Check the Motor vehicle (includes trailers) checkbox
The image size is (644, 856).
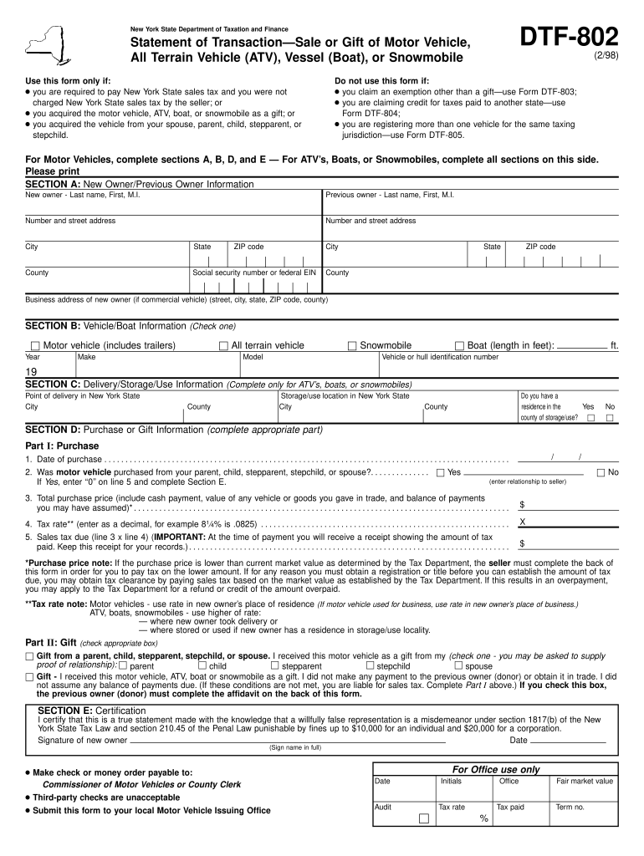(35, 346)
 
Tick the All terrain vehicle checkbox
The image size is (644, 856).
(223, 346)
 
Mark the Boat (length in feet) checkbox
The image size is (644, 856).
(459, 346)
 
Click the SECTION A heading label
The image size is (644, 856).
(53, 184)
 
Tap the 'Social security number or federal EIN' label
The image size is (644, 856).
(254, 273)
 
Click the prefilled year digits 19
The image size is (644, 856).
(32, 372)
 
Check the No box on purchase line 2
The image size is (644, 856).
(601, 473)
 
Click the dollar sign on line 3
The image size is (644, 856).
(523, 505)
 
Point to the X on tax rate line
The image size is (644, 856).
(523, 522)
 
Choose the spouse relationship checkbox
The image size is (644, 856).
(458, 666)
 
